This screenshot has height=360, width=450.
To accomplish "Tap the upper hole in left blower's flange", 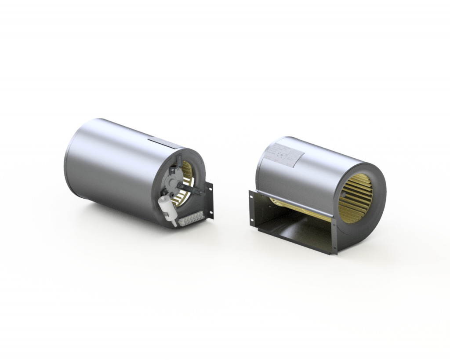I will click(x=210, y=189).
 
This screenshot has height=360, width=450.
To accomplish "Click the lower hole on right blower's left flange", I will click(x=252, y=222).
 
